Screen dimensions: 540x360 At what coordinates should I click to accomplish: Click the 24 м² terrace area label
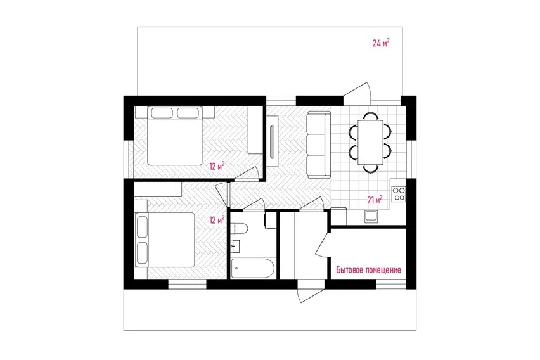click(381, 42)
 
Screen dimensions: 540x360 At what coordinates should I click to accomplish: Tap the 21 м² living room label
click(375, 200)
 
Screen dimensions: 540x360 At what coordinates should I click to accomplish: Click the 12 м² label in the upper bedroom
click(217, 167)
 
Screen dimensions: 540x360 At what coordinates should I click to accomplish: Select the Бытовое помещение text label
click(368, 270)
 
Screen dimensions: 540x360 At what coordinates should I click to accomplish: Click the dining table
click(371, 142)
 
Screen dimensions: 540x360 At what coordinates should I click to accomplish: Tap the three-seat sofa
click(316, 145)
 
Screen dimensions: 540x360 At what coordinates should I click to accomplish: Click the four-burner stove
click(399, 193)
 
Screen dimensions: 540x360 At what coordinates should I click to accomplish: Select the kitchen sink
click(371, 216)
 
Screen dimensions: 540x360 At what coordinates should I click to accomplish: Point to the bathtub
click(253, 268)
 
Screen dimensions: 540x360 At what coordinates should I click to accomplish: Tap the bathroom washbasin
click(236, 245)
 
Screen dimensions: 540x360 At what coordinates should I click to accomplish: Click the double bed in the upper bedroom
click(174, 136)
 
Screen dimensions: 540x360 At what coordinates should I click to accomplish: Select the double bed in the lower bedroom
click(165, 240)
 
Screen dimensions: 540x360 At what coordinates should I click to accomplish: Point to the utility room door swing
click(323, 243)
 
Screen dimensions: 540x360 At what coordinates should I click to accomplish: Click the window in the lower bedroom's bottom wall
click(187, 284)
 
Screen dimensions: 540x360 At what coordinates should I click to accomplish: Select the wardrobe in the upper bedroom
click(255, 130)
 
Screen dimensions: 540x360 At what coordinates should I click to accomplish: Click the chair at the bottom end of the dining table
click(371, 169)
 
